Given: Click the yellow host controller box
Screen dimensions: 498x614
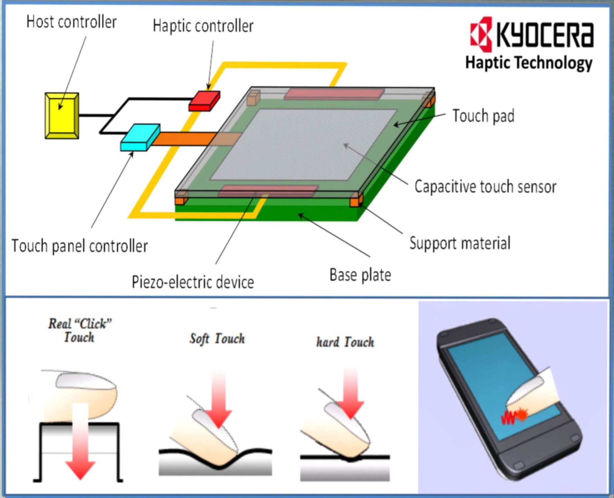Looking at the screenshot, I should pos(62,116).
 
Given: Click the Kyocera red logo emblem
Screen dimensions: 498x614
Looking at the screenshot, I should pos(481,34).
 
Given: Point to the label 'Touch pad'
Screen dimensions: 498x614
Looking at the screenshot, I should pos(483,116).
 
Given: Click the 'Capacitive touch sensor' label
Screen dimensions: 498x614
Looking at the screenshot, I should pos(485,187).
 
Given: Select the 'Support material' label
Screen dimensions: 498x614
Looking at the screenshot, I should pos(460,243).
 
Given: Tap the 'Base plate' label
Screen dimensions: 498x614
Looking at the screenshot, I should pos(360,275).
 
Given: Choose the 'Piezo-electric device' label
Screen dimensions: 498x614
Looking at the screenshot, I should pos(193,282).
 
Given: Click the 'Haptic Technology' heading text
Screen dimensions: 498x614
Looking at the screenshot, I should pos(529,63).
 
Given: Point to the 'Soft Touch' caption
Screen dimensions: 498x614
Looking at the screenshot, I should pos(217,339).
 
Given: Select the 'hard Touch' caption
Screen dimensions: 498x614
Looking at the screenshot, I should pos(345,342).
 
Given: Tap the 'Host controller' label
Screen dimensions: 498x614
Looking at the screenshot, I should pos(71,22).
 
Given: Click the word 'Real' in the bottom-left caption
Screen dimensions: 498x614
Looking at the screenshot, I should pos(59,324).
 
